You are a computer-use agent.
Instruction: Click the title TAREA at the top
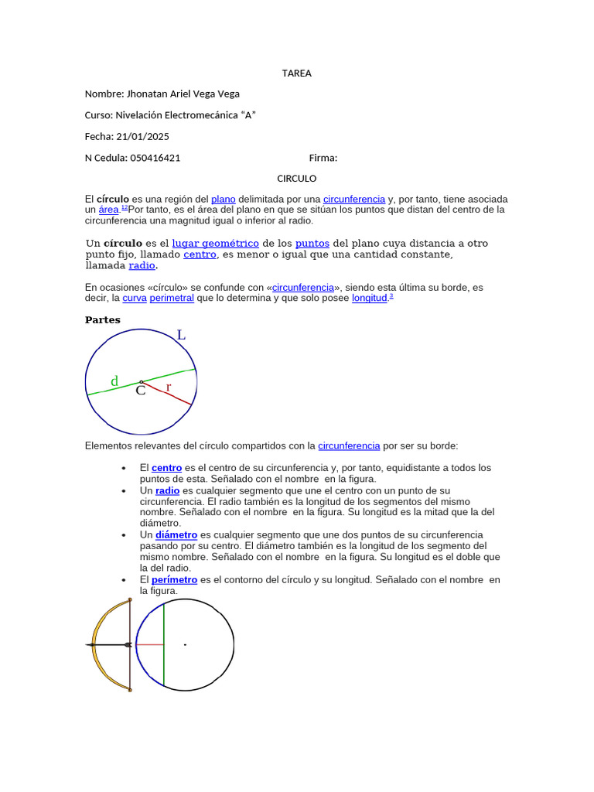pos(297,73)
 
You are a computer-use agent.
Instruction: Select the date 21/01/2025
pos(142,137)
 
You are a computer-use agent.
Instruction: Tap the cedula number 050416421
pos(155,158)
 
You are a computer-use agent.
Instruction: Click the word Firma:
pos(323,158)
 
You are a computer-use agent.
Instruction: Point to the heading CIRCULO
pos(297,179)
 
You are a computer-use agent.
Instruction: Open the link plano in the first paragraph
pos(223,200)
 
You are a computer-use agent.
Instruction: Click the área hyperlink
pos(108,210)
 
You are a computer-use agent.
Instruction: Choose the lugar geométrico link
pos(215,244)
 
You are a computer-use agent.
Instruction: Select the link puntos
pos(312,244)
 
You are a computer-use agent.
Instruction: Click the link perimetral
pos(172,298)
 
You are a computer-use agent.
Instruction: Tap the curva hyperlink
pos(134,298)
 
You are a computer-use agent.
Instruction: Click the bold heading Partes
pos(102,320)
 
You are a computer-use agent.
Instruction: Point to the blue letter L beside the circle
pos(181,336)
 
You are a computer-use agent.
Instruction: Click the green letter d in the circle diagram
pos(114,381)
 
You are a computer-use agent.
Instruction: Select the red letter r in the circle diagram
pos(168,387)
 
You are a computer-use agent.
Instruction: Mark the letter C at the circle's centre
pos(140,391)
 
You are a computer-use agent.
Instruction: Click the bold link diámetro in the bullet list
pos(176,535)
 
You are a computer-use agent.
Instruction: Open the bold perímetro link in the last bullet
pos(174,580)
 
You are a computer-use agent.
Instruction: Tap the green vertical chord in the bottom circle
pos(163,644)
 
